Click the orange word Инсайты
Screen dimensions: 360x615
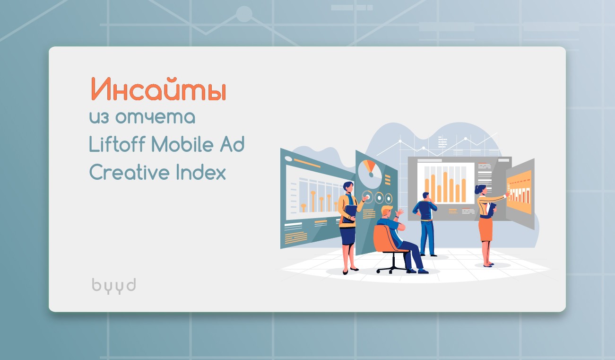158,90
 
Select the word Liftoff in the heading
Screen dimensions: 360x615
117,145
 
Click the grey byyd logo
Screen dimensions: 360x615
113,285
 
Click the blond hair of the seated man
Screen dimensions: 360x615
387,210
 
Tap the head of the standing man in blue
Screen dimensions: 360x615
426,196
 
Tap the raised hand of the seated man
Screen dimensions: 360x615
400,212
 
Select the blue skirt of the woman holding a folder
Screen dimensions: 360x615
347,234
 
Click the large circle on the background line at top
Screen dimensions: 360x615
244,14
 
